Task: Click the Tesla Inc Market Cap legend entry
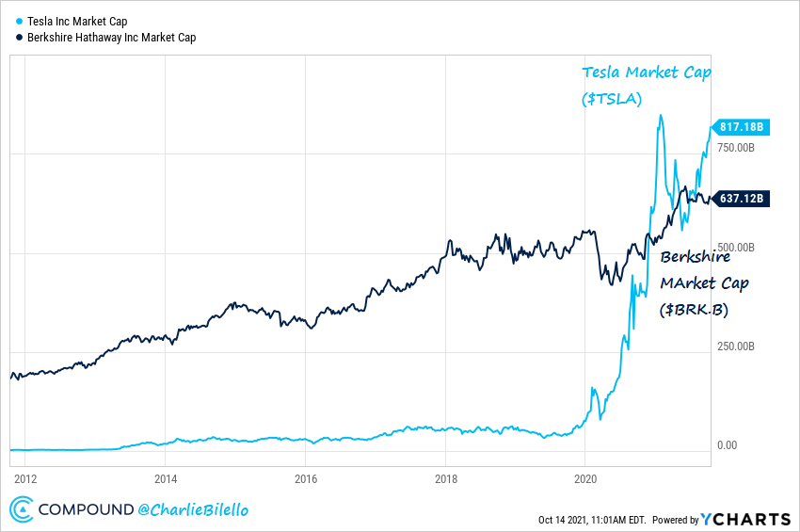pyautogui.click(x=78, y=20)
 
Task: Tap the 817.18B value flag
pyautogui.click(x=740, y=127)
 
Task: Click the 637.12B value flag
pyautogui.click(x=740, y=198)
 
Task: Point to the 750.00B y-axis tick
pyautogui.click(x=737, y=148)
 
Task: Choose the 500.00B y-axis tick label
pyautogui.click(x=737, y=248)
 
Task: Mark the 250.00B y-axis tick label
pyautogui.click(x=737, y=347)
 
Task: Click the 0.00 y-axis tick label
pyautogui.click(x=728, y=445)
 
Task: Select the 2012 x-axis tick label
pyautogui.click(x=24, y=477)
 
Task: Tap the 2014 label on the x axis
pyautogui.click(x=165, y=477)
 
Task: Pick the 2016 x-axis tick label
pyautogui.click(x=305, y=477)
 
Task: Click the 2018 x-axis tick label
pyautogui.click(x=445, y=477)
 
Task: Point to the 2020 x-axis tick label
pyautogui.click(x=585, y=477)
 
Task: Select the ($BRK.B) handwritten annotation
pyautogui.click(x=694, y=308)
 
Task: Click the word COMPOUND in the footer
pyautogui.click(x=85, y=509)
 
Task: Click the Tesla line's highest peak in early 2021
pyautogui.click(x=661, y=116)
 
